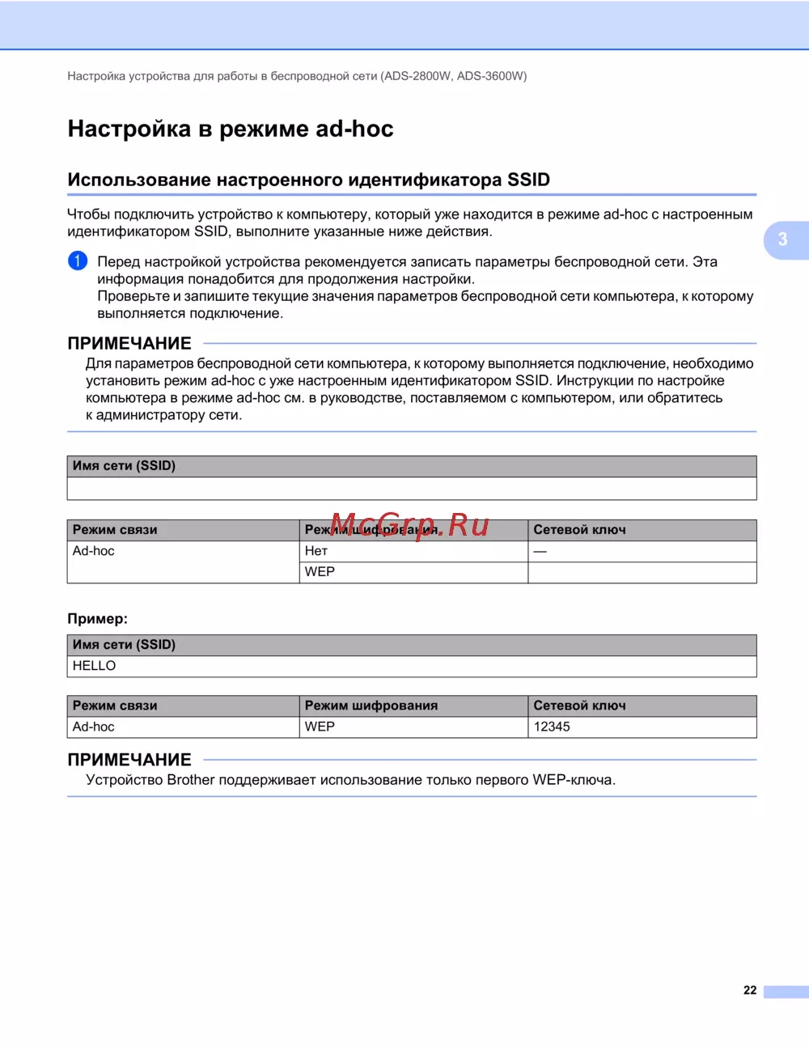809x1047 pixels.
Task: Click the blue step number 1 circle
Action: click(x=78, y=261)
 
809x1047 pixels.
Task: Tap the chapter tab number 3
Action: click(x=782, y=239)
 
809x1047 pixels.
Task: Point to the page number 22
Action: click(x=750, y=990)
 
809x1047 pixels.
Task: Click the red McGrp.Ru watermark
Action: click(x=409, y=525)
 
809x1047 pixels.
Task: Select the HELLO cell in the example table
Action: click(x=95, y=666)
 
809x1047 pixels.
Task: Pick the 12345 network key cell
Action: click(x=552, y=727)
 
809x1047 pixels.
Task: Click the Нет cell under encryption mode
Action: click(x=316, y=551)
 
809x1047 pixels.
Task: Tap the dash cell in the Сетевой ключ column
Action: click(x=540, y=551)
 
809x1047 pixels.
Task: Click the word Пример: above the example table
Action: click(x=97, y=619)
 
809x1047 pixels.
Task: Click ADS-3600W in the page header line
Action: click(x=490, y=76)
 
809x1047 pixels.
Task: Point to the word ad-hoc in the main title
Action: click(x=354, y=129)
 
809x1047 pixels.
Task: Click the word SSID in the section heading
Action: click(x=528, y=180)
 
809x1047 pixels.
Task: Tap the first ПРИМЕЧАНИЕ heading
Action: click(x=129, y=343)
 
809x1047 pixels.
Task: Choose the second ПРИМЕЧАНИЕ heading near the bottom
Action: click(x=129, y=760)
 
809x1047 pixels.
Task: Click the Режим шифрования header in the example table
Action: click(x=371, y=706)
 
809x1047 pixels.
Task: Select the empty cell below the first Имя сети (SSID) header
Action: click(x=412, y=489)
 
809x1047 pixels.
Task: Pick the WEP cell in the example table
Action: click(x=320, y=727)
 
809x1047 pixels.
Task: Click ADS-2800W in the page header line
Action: click(x=417, y=76)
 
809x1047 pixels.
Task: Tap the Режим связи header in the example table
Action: click(x=115, y=706)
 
